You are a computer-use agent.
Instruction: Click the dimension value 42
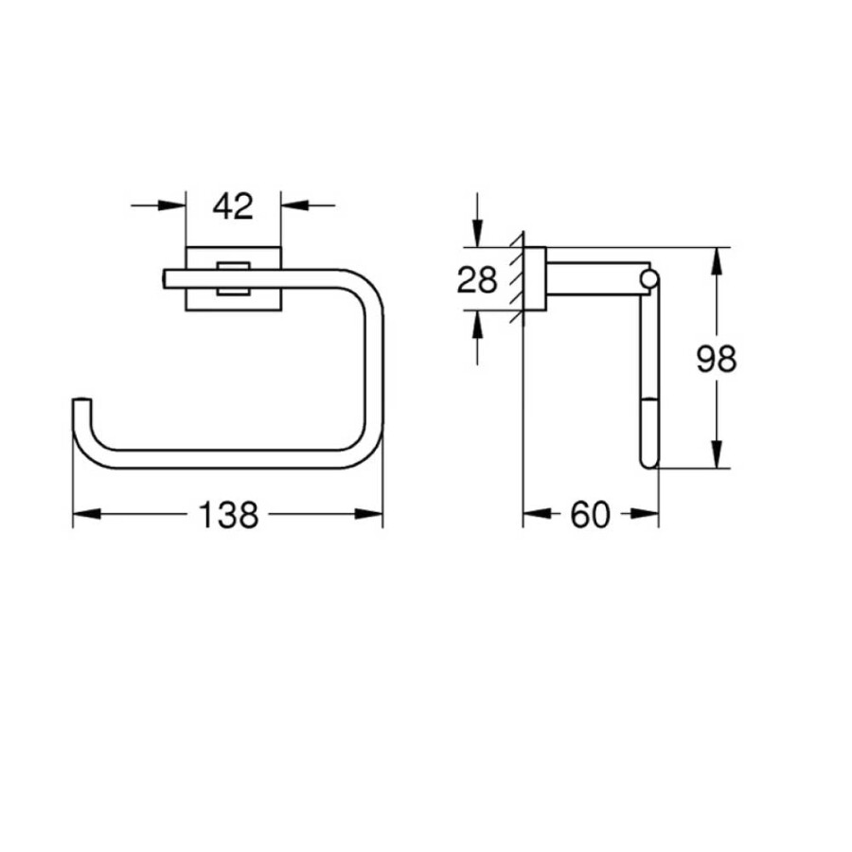pyautogui.click(x=233, y=206)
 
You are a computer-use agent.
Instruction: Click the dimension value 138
pyautogui.click(x=229, y=515)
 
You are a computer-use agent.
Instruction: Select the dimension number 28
pyautogui.click(x=477, y=280)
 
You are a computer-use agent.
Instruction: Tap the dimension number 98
pyautogui.click(x=717, y=359)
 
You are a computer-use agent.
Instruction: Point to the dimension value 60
pyautogui.click(x=590, y=515)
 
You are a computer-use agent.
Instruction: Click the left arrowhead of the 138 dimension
pyautogui.click(x=87, y=513)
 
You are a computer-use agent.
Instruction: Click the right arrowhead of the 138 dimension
pyautogui.click(x=369, y=513)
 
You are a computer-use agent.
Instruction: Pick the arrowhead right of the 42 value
pyautogui.click(x=295, y=205)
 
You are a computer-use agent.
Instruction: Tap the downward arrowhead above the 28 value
pyautogui.click(x=477, y=233)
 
